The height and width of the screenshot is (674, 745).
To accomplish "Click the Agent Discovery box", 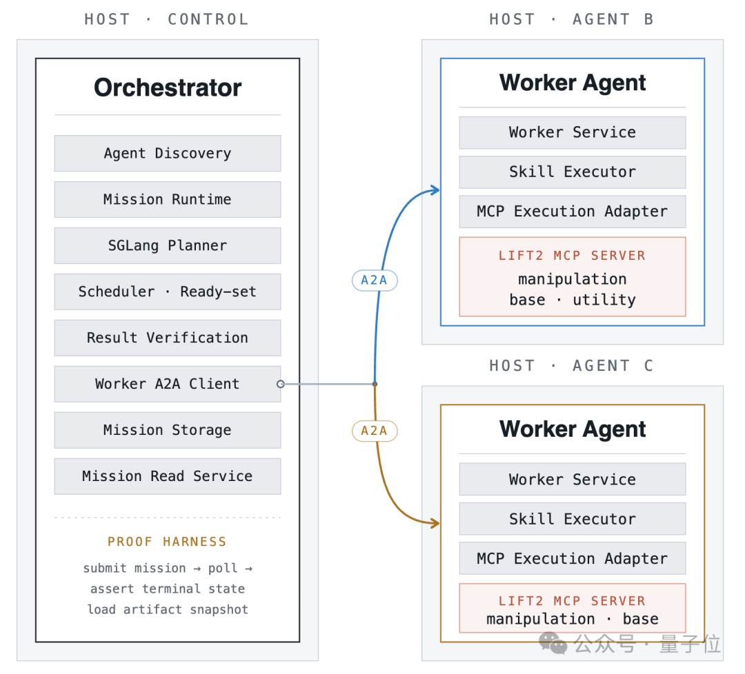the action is pyautogui.click(x=167, y=153).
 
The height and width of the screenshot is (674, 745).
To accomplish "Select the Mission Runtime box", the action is pyautogui.click(x=167, y=199).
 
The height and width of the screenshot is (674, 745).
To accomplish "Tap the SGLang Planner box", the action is pyautogui.click(x=167, y=245).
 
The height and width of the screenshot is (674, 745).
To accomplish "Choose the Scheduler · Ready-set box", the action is pyautogui.click(x=167, y=292).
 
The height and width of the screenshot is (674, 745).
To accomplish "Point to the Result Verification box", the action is pyautogui.click(x=167, y=338).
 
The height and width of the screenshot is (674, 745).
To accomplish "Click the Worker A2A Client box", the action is pyautogui.click(x=167, y=383).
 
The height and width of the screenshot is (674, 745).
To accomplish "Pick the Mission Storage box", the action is pyautogui.click(x=167, y=429).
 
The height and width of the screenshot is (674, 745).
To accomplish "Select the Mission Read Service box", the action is pyautogui.click(x=167, y=476).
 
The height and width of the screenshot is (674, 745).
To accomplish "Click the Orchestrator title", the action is pyautogui.click(x=168, y=88).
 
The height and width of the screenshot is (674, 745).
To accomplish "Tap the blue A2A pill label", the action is pyautogui.click(x=375, y=280).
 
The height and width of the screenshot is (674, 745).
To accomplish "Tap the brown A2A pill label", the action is pyautogui.click(x=375, y=431).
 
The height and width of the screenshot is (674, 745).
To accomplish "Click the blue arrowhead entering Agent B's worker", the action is pyautogui.click(x=435, y=190).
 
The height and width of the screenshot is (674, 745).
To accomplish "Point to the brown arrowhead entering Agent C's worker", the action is pyautogui.click(x=435, y=524).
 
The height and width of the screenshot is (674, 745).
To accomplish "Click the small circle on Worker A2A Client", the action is pyautogui.click(x=281, y=383).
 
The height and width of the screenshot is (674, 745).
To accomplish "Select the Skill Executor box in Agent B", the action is pyautogui.click(x=572, y=172).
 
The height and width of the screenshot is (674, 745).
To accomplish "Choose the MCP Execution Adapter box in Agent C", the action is pyautogui.click(x=572, y=558).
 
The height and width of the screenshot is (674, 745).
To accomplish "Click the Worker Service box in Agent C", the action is pyautogui.click(x=572, y=479).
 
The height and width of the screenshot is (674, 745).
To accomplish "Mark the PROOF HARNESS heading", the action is pyautogui.click(x=167, y=542).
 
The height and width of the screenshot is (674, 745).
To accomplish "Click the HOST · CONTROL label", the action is pyautogui.click(x=167, y=19).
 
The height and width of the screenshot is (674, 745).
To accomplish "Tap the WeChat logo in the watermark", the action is pyautogui.click(x=553, y=644).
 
